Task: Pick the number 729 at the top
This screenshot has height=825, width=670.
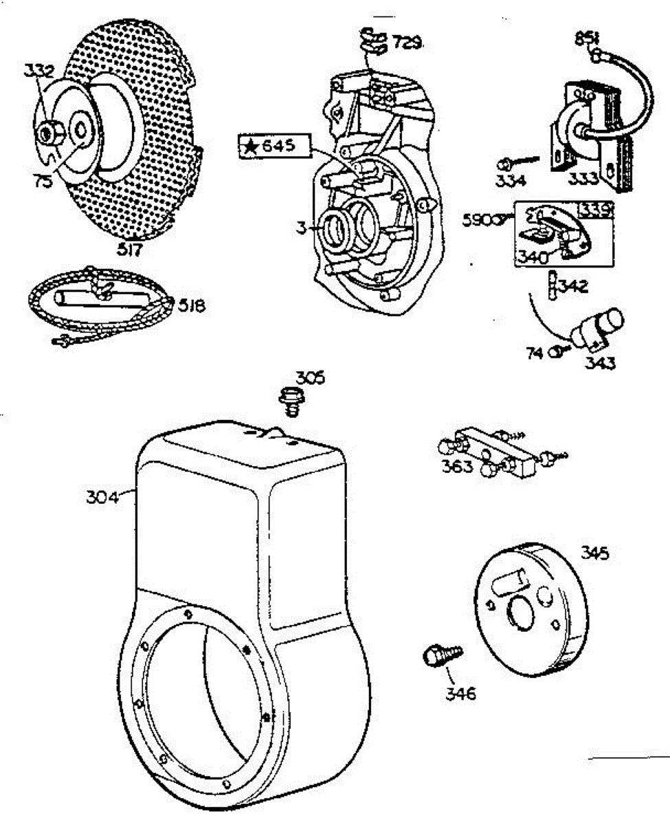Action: [x=407, y=43]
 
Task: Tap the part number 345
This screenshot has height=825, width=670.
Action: [x=594, y=553]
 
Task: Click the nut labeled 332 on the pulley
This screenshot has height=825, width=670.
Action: [x=50, y=132]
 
